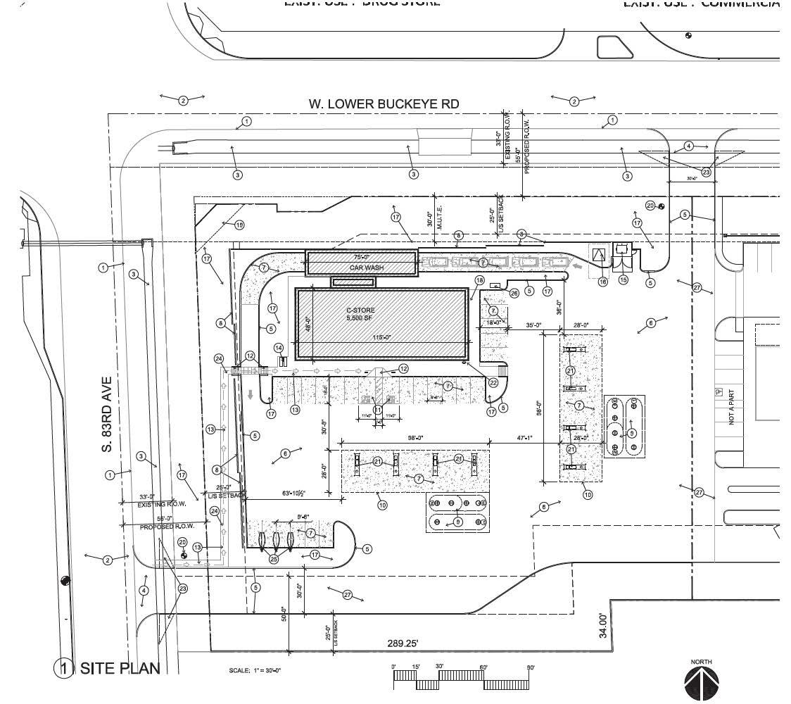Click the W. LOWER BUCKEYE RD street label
click(384, 104)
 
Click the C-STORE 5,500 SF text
click(360, 314)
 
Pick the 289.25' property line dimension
click(405, 643)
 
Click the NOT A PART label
click(732, 409)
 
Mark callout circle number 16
click(602, 282)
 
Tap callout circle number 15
click(623, 280)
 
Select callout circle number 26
click(514, 293)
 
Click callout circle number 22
click(493, 382)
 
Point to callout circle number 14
click(279, 348)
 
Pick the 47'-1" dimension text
click(524, 438)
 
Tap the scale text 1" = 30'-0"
click(255, 671)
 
